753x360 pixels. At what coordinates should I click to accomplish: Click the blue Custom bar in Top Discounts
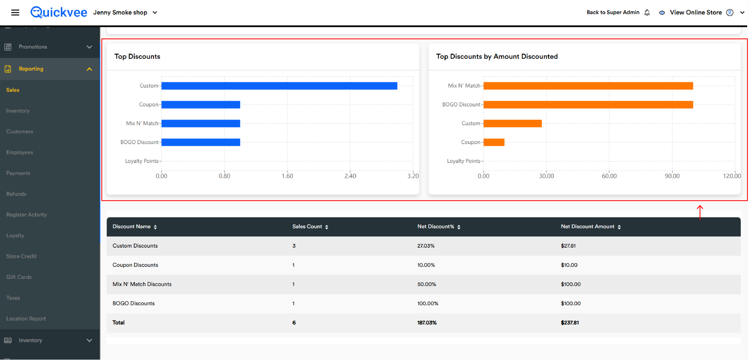(x=279, y=86)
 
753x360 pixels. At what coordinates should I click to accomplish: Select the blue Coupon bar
(x=201, y=104)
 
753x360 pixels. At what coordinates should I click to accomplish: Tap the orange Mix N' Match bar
(x=588, y=86)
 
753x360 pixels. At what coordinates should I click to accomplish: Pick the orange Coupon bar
(x=494, y=142)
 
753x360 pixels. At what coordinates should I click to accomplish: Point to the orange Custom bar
(x=513, y=123)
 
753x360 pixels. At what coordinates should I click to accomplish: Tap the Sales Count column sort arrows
(x=326, y=227)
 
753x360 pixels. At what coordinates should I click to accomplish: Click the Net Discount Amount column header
(x=588, y=227)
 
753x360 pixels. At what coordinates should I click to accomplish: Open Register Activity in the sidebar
(x=27, y=215)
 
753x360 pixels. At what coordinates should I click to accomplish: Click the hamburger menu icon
(x=15, y=12)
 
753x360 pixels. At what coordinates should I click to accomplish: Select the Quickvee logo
(x=59, y=12)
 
